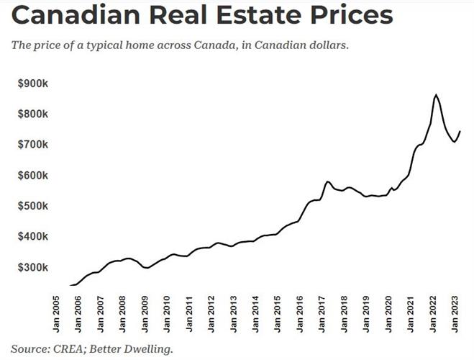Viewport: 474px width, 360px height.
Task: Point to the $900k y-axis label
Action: tap(33, 84)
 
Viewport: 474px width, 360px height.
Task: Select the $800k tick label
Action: tap(33, 114)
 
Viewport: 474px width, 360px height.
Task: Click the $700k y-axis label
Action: tap(33, 145)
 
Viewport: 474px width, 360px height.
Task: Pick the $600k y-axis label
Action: tap(33, 176)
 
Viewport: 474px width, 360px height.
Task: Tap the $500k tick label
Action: tap(33, 206)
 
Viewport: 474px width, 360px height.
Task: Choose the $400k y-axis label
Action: tap(33, 237)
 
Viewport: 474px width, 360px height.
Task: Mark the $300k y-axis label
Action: tap(33, 267)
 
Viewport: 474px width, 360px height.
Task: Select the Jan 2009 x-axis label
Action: tap(145, 314)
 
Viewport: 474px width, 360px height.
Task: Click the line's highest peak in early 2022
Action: tap(435, 95)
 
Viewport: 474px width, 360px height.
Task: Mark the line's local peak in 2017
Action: tap(327, 181)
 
